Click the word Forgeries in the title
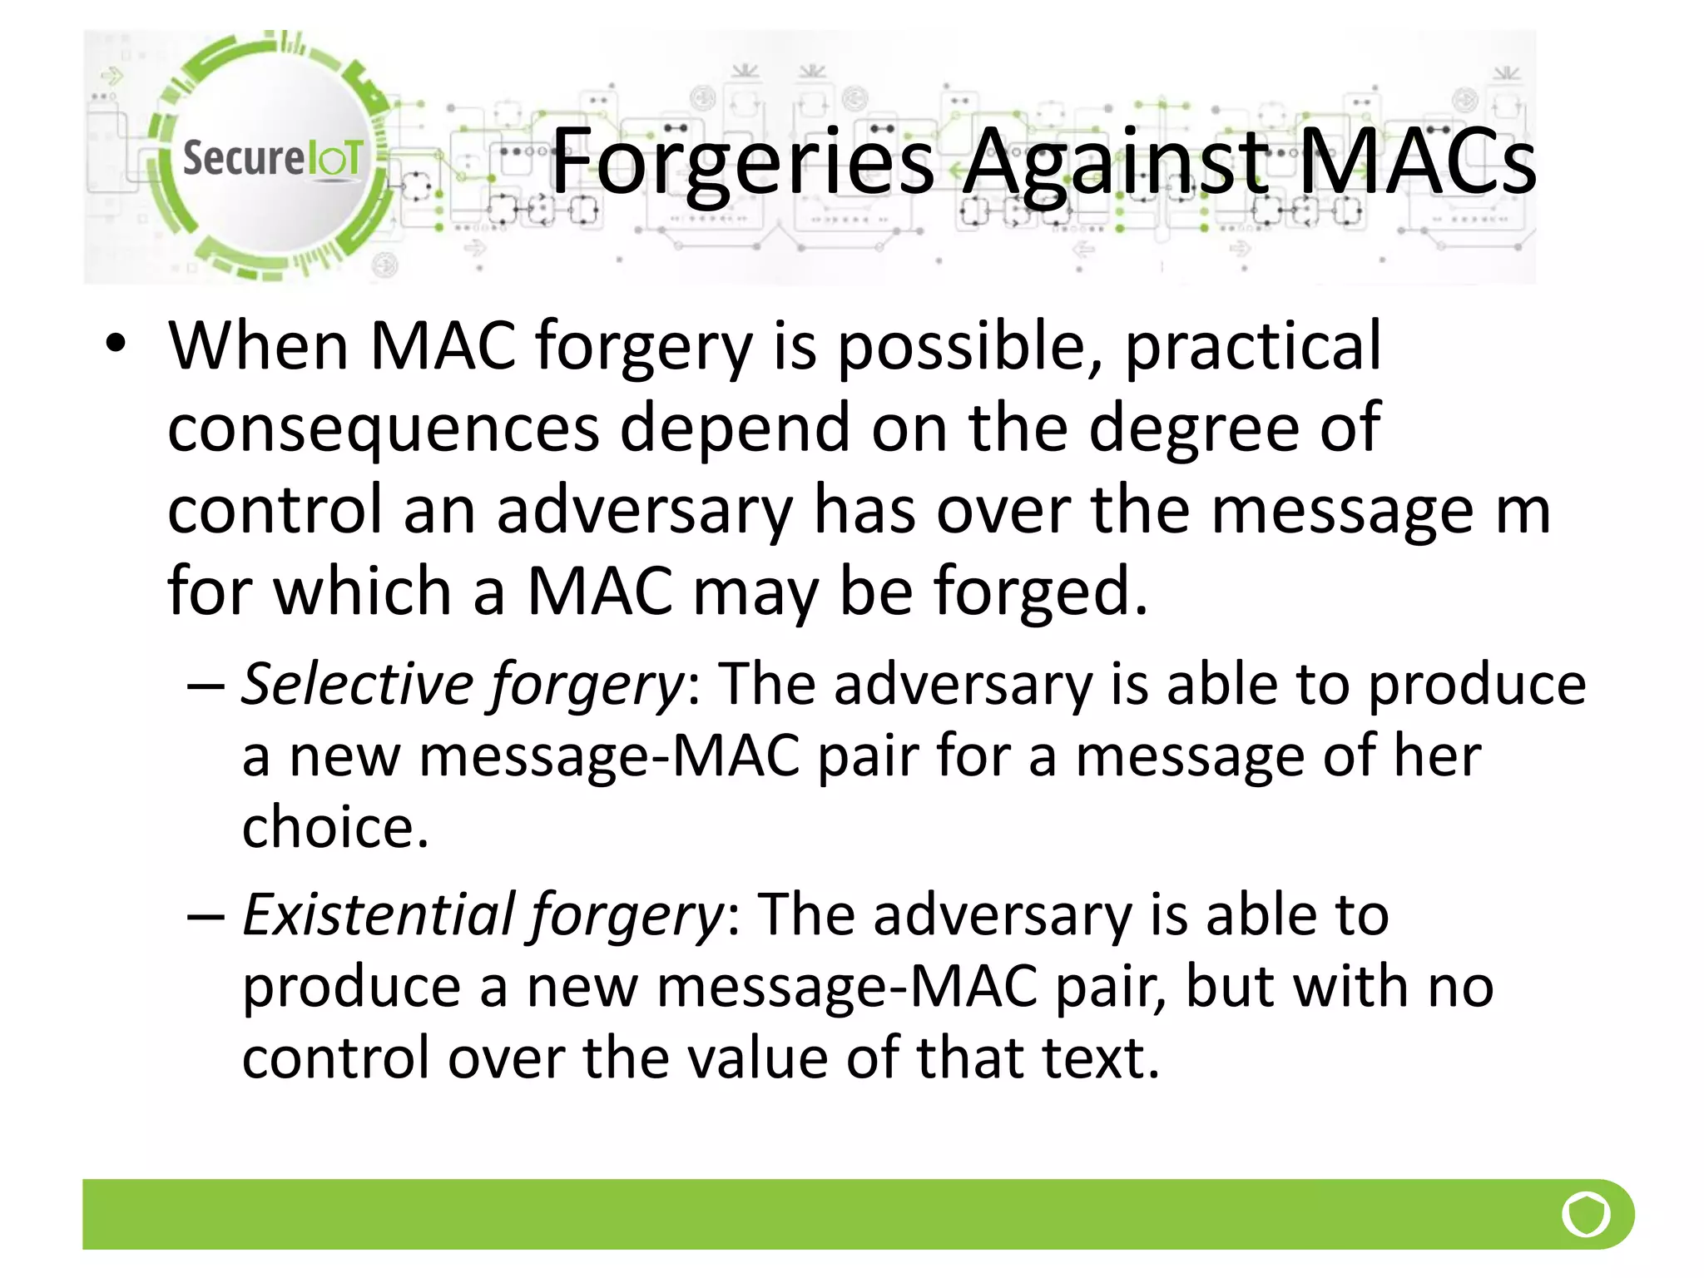tap(743, 162)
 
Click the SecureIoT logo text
tap(272, 158)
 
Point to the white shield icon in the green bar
tap(1586, 1215)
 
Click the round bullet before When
tap(116, 343)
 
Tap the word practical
tap(1252, 348)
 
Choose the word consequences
tap(384, 428)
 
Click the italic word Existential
tap(377, 914)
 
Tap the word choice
tap(334, 828)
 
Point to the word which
tap(362, 591)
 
